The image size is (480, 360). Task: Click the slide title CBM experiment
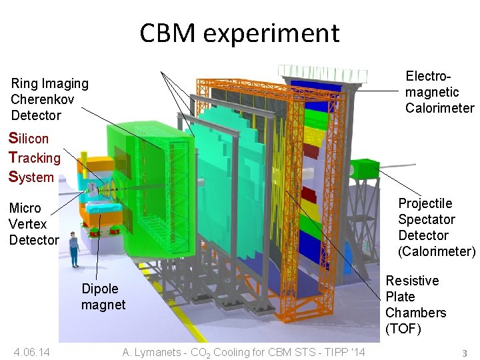(239, 33)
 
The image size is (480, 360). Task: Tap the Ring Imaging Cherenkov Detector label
(49, 99)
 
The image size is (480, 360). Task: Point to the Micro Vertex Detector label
(34, 224)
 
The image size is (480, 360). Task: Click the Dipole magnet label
(103, 297)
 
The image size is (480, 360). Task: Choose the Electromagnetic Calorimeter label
(439, 92)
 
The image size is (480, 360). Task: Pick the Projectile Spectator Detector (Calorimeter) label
(436, 227)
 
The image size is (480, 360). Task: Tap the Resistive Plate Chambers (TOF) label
(415, 305)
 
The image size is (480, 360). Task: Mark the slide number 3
(464, 353)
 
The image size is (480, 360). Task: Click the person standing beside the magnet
(73, 250)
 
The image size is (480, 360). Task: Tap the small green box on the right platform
(363, 169)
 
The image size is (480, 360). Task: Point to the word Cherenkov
(42, 99)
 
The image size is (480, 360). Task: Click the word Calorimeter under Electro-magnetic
(439, 108)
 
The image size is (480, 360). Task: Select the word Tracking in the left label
(35, 158)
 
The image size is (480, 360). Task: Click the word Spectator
(427, 219)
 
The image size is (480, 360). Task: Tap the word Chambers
(415, 313)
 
